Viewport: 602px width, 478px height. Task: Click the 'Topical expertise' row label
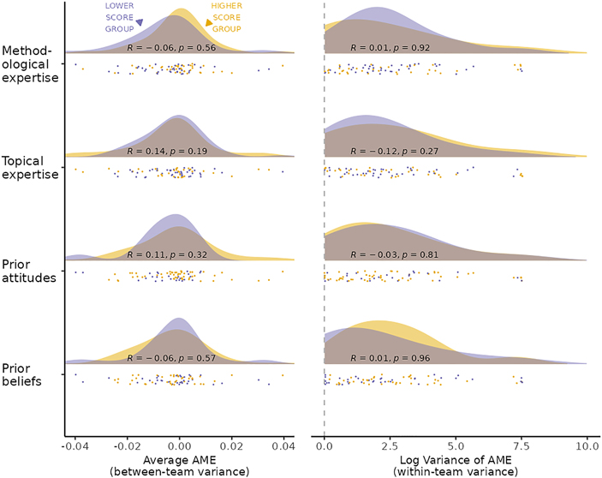31,167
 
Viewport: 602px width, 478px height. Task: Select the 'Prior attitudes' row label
31,270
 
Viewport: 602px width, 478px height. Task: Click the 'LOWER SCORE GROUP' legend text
118,20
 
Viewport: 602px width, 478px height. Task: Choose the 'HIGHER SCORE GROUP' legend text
225,20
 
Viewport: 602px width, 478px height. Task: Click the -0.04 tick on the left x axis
75,447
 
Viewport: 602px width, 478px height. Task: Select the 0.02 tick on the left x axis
231,447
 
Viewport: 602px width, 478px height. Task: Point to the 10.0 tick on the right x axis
586,447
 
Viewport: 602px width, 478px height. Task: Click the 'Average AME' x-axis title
180,461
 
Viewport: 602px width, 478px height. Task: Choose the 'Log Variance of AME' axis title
455,461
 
